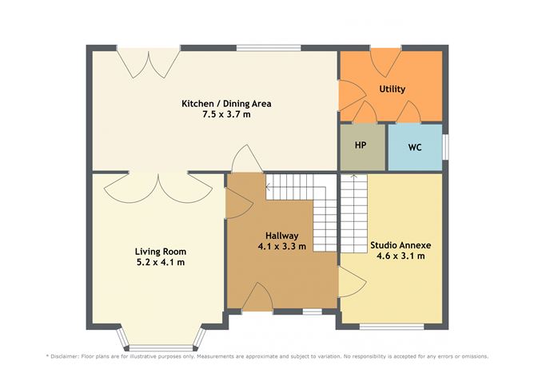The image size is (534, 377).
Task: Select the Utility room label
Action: pyautogui.click(x=392, y=89)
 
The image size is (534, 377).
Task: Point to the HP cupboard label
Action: pyautogui.click(x=361, y=147)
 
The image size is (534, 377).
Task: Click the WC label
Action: pyautogui.click(x=415, y=148)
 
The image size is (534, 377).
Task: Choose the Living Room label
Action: pyautogui.click(x=159, y=251)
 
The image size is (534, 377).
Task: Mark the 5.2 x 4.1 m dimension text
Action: pyautogui.click(x=159, y=262)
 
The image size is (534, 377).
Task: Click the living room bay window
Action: pyautogui.click(x=160, y=347)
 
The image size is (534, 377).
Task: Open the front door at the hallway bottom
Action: pyautogui.click(x=261, y=298)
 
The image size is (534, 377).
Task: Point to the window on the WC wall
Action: pyautogui.click(x=444, y=147)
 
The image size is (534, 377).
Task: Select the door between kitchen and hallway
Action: pyautogui.click(x=242, y=160)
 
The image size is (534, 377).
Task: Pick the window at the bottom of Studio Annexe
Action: pyautogui.click(x=391, y=327)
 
